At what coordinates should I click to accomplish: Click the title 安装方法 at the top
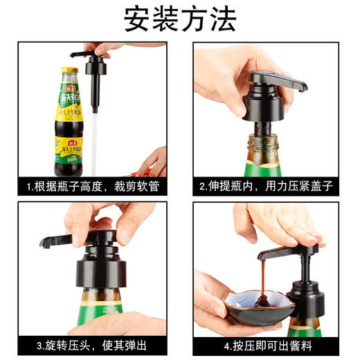pos(180,19)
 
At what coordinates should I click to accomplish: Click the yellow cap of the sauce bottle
pos(69,71)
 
